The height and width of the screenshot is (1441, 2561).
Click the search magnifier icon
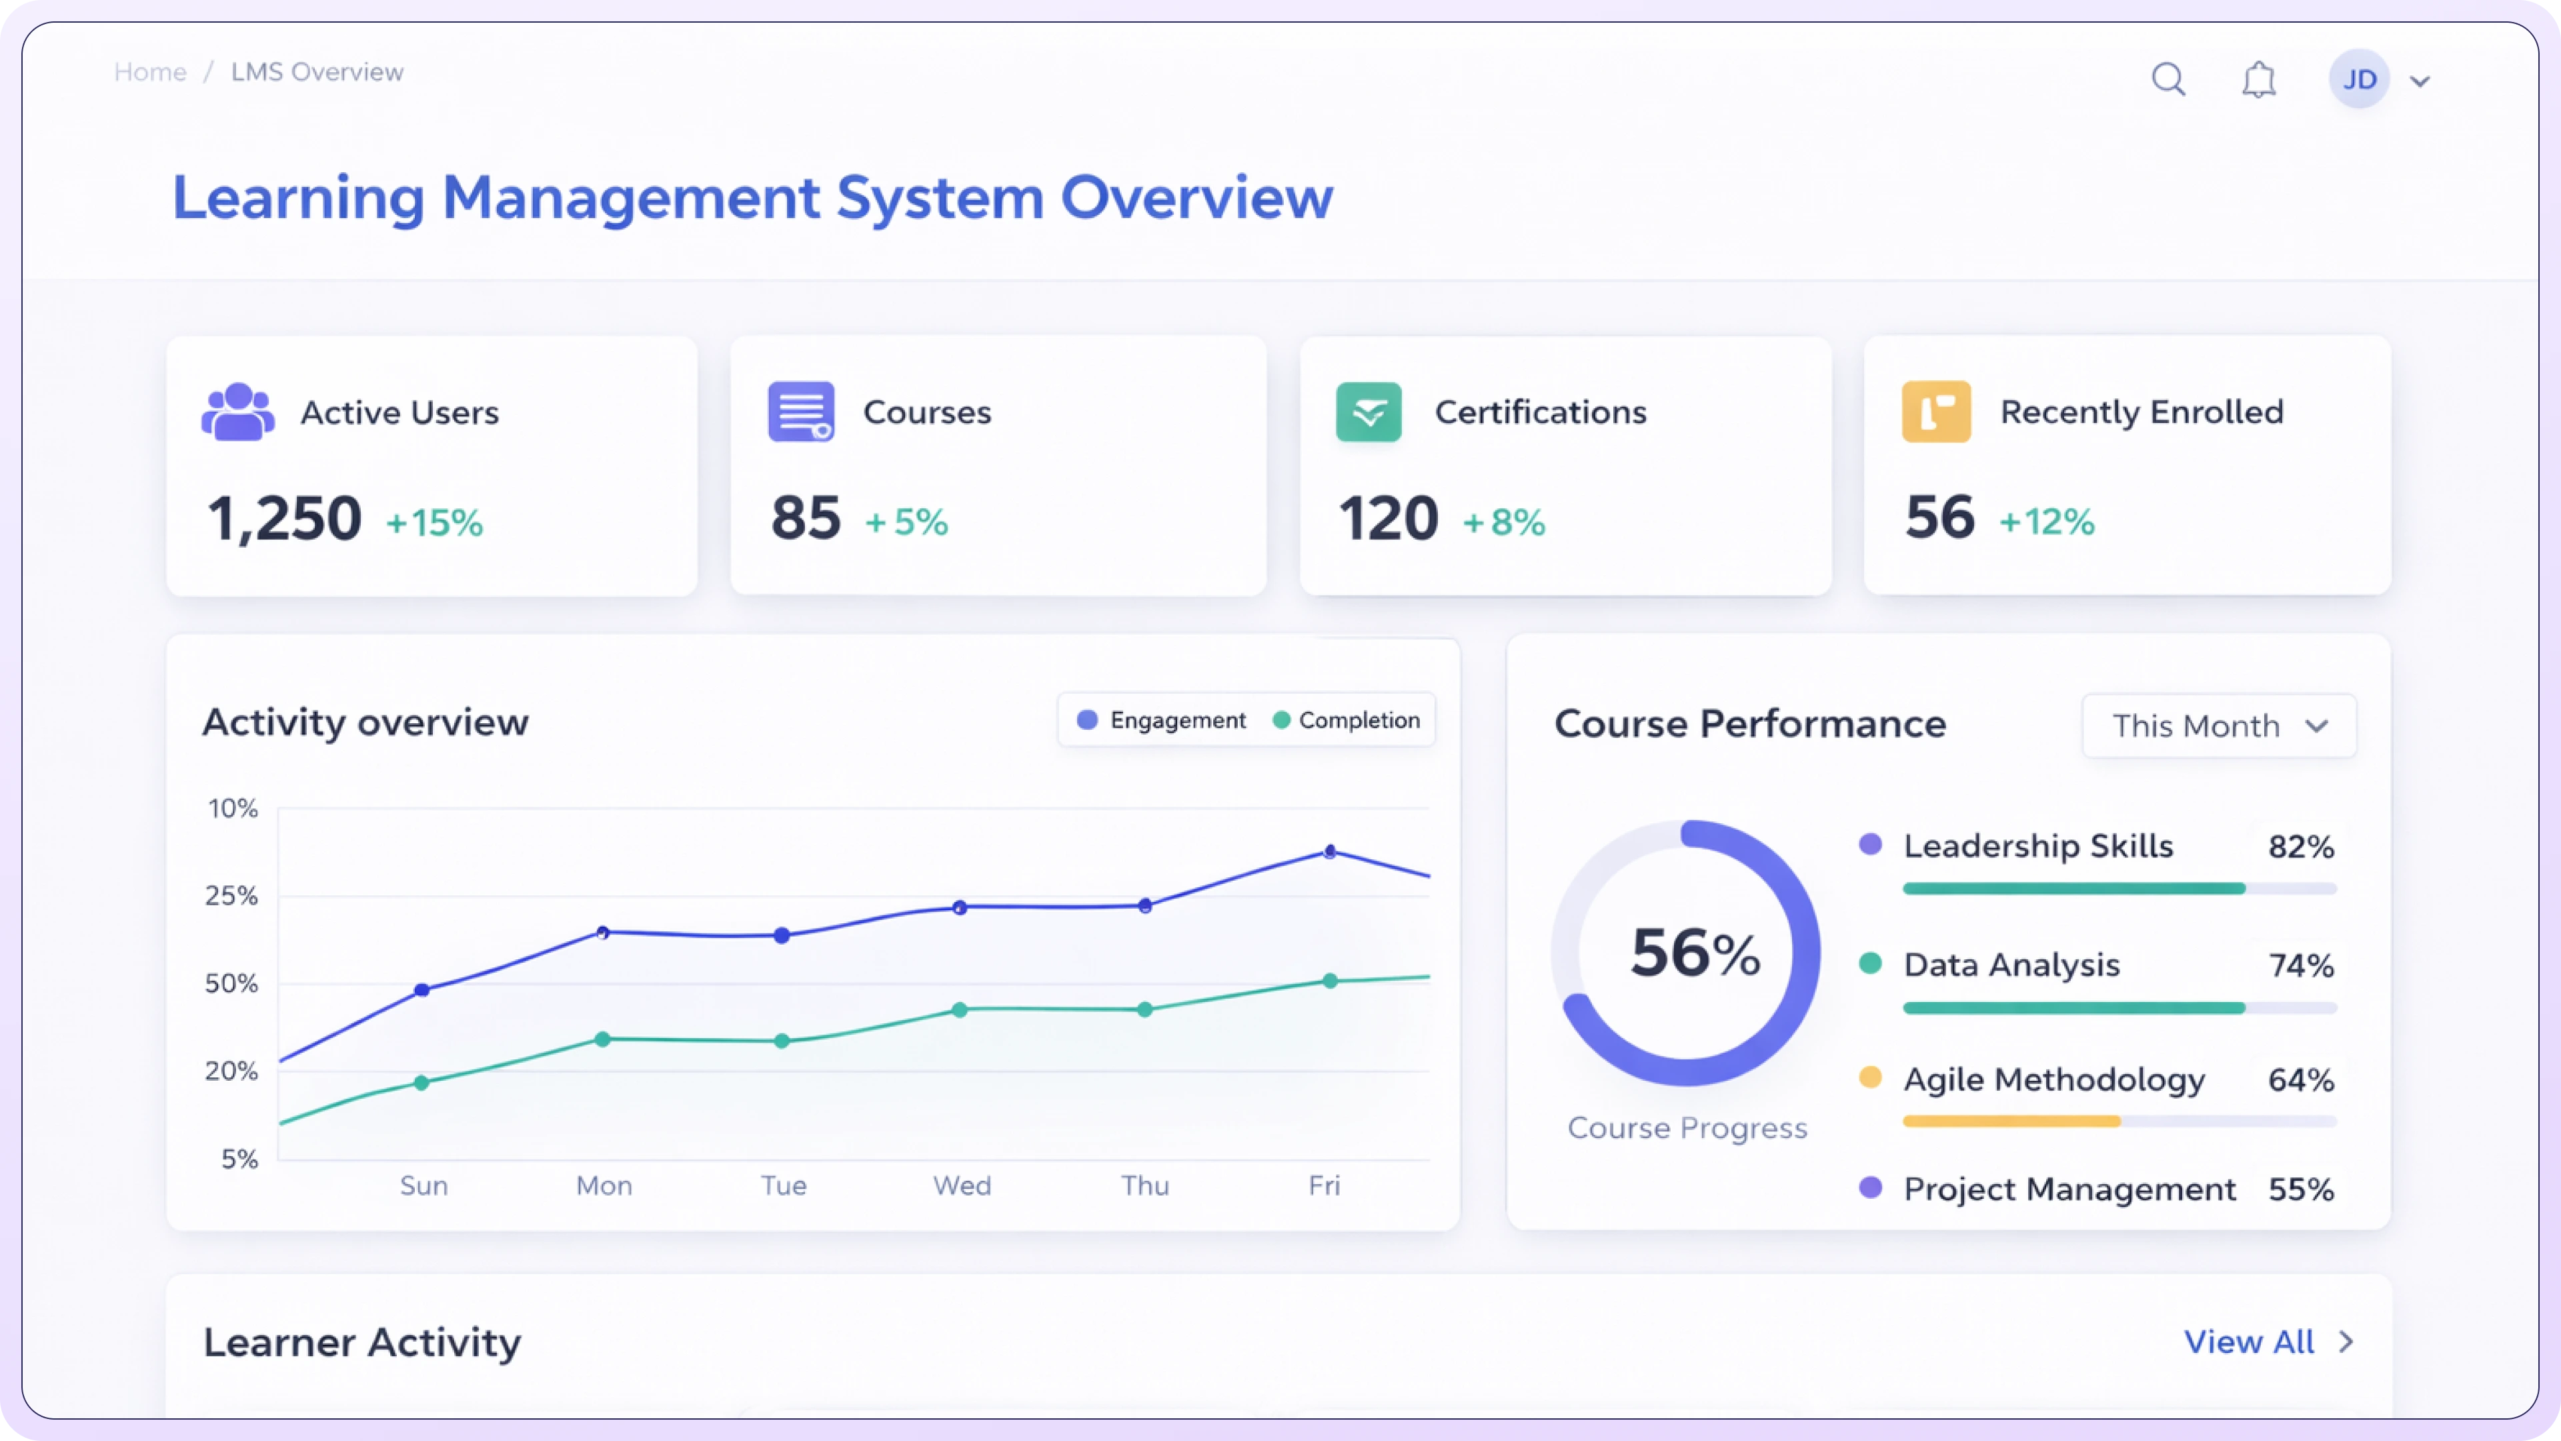2168,79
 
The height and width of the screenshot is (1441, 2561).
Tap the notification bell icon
2259,79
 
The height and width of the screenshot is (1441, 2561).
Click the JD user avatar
2359,79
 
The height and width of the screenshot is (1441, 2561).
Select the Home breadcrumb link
150,71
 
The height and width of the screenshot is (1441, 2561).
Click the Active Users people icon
237,412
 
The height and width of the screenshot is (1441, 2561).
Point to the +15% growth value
434,522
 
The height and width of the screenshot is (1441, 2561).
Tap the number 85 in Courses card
805,518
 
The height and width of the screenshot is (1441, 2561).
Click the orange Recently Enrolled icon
1935,412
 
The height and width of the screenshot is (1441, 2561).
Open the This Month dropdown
2218,726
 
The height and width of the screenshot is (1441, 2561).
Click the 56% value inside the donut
1694,953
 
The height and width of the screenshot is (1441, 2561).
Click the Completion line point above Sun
421,1083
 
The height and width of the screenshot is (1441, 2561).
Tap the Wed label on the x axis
961,1185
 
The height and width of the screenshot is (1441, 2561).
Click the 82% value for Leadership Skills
2300,847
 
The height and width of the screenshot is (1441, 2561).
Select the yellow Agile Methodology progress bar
2012,1121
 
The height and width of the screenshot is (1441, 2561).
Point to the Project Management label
2069,1189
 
